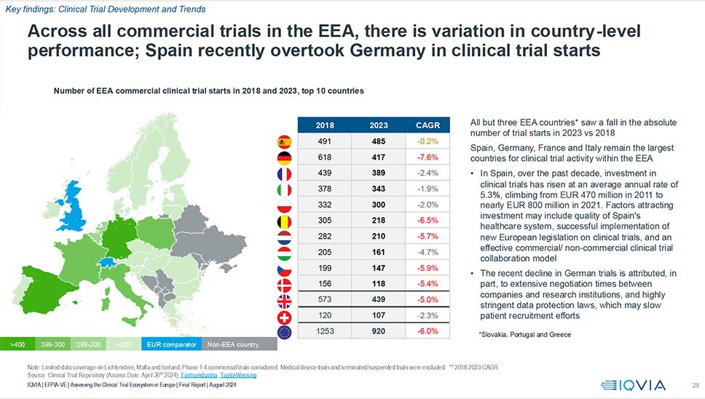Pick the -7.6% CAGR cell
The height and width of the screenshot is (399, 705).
(x=427, y=157)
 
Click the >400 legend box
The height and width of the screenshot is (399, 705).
(x=18, y=344)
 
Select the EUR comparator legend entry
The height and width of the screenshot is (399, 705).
(x=170, y=344)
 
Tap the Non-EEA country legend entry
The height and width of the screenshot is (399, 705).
(x=232, y=344)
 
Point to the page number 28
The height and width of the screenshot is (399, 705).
(x=694, y=384)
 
